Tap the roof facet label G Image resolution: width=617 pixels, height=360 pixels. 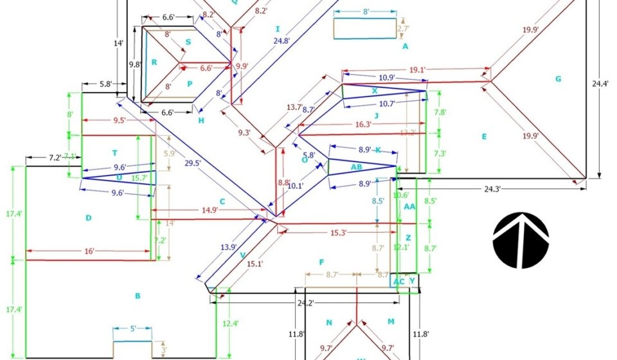point(558,79)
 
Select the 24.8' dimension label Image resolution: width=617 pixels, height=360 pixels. point(282,41)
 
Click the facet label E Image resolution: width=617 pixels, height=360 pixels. point(484,136)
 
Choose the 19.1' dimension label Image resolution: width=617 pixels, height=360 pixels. point(417,71)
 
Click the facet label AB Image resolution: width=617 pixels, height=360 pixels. point(356,167)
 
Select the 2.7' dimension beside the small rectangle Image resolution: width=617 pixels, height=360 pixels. point(403,29)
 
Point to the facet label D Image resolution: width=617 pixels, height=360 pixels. point(89,218)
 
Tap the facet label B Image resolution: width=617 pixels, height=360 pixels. point(137,296)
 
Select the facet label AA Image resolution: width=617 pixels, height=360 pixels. point(409,206)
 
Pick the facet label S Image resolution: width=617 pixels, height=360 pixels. point(188,42)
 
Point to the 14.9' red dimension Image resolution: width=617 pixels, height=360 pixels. point(210,210)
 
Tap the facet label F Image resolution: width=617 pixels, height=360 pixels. point(321,262)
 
